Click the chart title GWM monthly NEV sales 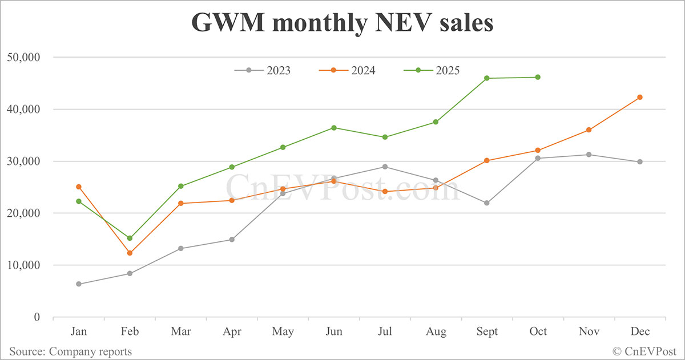342,22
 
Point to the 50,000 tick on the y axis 23,57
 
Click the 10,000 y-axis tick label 23,265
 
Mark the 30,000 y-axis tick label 23,161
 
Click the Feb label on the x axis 130,332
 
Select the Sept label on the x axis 487,332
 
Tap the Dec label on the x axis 640,332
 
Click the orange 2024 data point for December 640,97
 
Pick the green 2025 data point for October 538,77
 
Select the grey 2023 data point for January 78,284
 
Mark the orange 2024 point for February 130,253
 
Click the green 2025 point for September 487,78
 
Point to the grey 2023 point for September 487,203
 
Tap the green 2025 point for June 334,128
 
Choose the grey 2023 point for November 589,155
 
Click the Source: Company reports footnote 70,351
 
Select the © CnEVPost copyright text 644,351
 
